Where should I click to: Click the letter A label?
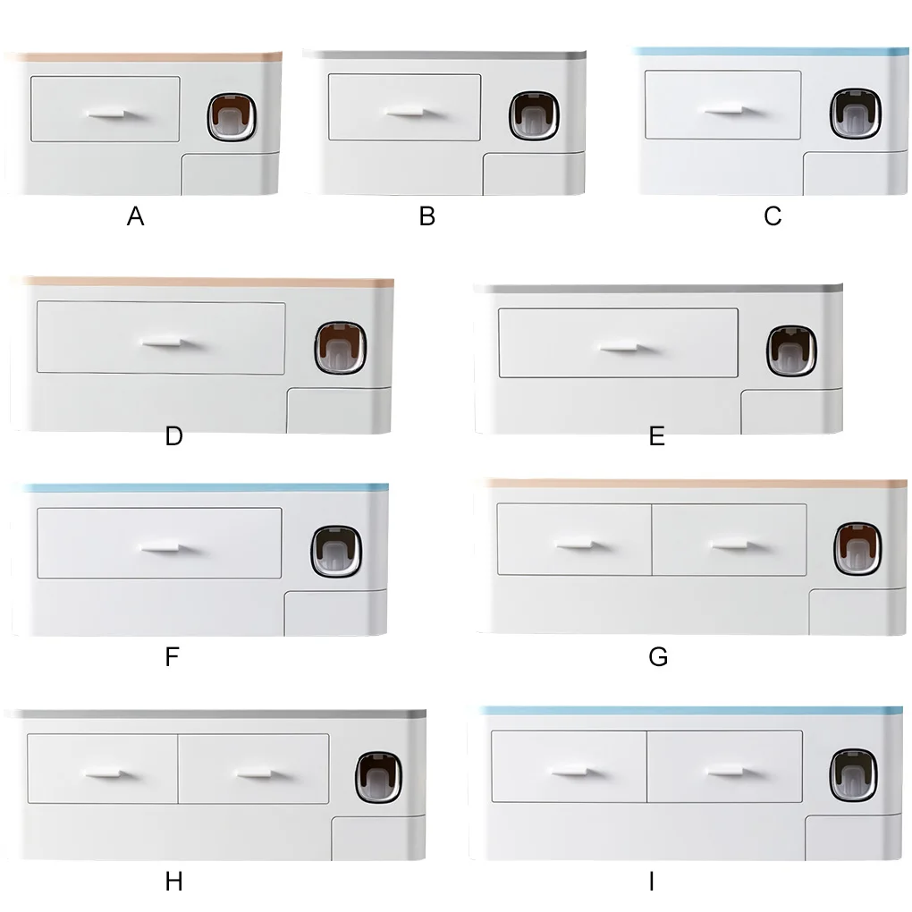[x=136, y=216]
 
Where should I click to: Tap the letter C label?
[x=773, y=216]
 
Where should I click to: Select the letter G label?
[x=658, y=656]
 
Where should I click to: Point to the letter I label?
[x=652, y=882]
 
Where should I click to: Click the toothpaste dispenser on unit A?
[x=232, y=117]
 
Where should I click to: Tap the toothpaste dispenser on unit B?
[x=534, y=115]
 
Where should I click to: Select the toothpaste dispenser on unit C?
[x=855, y=114]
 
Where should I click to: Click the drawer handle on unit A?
[x=106, y=114]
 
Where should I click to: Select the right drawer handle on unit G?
[x=730, y=545]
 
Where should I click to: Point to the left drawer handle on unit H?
[x=105, y=773]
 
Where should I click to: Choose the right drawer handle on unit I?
[x=727, y=773]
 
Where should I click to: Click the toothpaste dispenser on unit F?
[x=336, y=552]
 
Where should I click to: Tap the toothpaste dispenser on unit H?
[x=378, y=777]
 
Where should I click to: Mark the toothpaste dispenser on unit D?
[x=341, y=347]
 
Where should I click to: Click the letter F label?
[x=173, y=656]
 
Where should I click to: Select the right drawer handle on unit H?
[x=257, y=773]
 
